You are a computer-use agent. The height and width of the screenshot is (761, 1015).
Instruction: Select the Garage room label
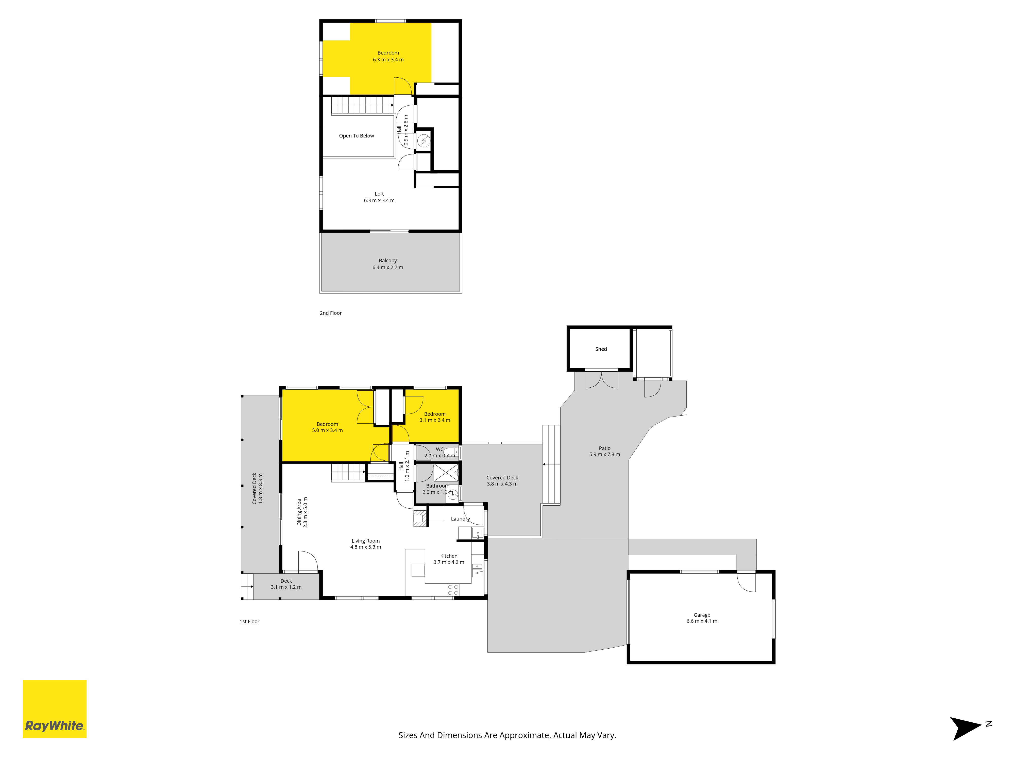pyautogui.click(x=702, y=615)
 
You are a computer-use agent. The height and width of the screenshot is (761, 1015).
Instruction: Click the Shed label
pyautogui.click(x=601, y=349)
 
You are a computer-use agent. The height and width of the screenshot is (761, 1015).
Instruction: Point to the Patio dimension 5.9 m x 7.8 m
pyautogui.click(x=604, y=455)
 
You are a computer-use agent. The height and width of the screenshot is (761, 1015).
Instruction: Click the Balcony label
pyautogui.click(x=388, y=261)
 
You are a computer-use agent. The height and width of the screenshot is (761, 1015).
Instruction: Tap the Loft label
pyautogui.click(x=379, y=194)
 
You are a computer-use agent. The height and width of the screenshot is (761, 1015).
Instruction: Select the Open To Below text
pyautogui.click(x=357, y=136)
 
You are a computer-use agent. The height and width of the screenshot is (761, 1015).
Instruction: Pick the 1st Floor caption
pyautogui.click(x=250, y=621)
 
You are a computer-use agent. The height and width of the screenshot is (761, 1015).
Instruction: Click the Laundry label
pyautogui.click(x=460, y=519)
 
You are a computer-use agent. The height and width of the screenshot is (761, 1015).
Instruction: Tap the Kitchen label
pyautogui.click(x=449, y=556)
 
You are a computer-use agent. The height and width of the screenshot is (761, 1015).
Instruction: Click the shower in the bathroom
pyautogui.click(x=446, y=473)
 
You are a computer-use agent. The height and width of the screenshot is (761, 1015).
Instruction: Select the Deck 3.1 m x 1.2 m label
pyautogui.click(x=286, y=584)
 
